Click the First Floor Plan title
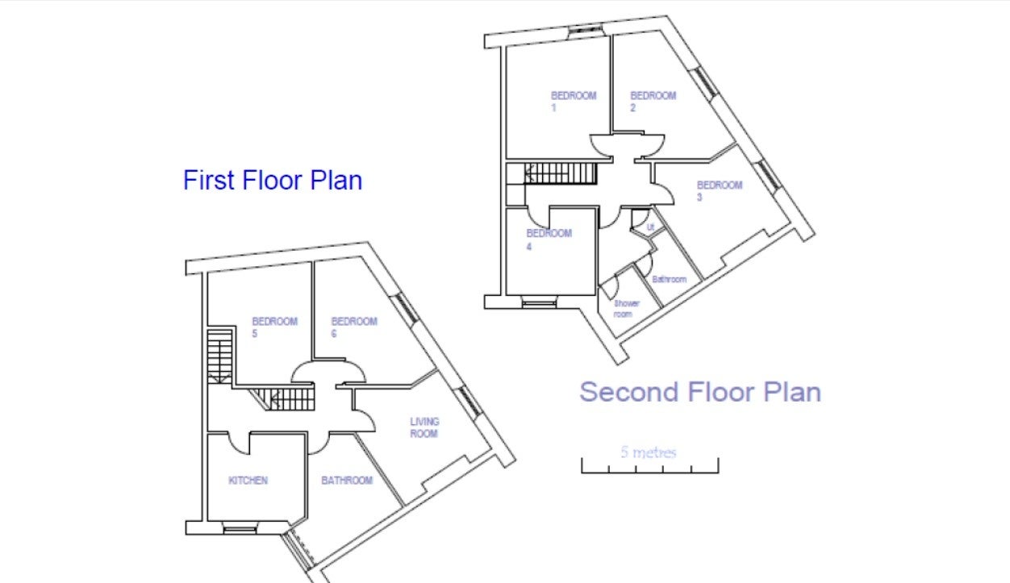(273, 180)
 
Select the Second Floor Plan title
(699, 392)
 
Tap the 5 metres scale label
(649, 452)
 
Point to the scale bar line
(649, 473)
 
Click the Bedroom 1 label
(574, 102)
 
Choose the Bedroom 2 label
(653, 102)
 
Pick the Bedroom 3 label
(720, 191)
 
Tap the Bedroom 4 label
(549, 239)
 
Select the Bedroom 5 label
(274, 327)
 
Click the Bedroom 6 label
(354, 327)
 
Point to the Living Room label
(424, 427)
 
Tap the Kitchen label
(248, 481)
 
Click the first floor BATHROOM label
(347, 481)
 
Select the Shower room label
(626, 309)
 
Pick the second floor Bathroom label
(669, 279)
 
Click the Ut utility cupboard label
(650, 227)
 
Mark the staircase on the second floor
(561, 173)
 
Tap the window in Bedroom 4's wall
(539, 302)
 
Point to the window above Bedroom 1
(585, 30)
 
